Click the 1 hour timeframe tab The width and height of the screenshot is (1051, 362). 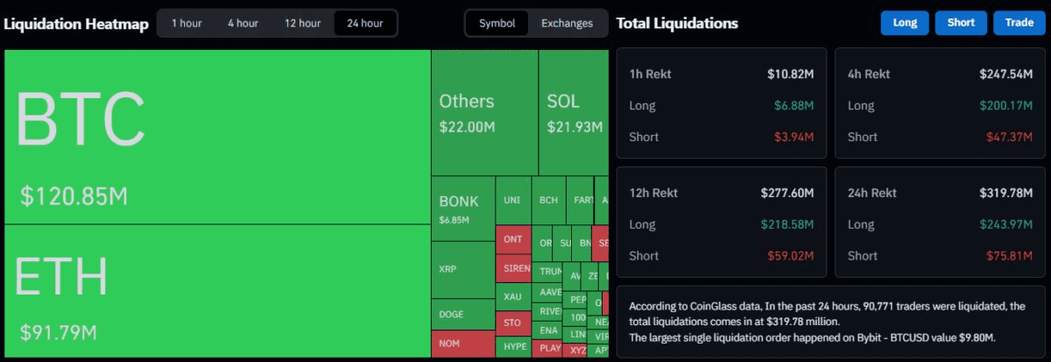[x=187, y=24]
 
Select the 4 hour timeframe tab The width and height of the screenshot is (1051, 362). [x=243, y=24]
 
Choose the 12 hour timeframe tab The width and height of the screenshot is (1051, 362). [x=302, y=24]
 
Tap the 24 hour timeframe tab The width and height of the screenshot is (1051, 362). [x=365, y=24]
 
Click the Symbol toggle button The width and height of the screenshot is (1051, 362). [x=497, y=24]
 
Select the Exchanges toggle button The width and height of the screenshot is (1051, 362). [x=567, y=24]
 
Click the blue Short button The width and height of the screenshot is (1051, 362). [x=961, y=23]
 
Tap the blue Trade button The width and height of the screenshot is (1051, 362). [x=1019, y=23]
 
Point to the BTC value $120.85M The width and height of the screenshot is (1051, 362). [x=74, y=196]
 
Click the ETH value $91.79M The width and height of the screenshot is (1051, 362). [x=59, y=333]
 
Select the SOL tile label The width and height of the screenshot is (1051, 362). [x=563, y=102]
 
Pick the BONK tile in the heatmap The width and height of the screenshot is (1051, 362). [x=462, y=209]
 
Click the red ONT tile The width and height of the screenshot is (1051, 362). [x=513, y=239]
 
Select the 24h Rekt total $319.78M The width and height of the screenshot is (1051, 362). [x=1006, y=193]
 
